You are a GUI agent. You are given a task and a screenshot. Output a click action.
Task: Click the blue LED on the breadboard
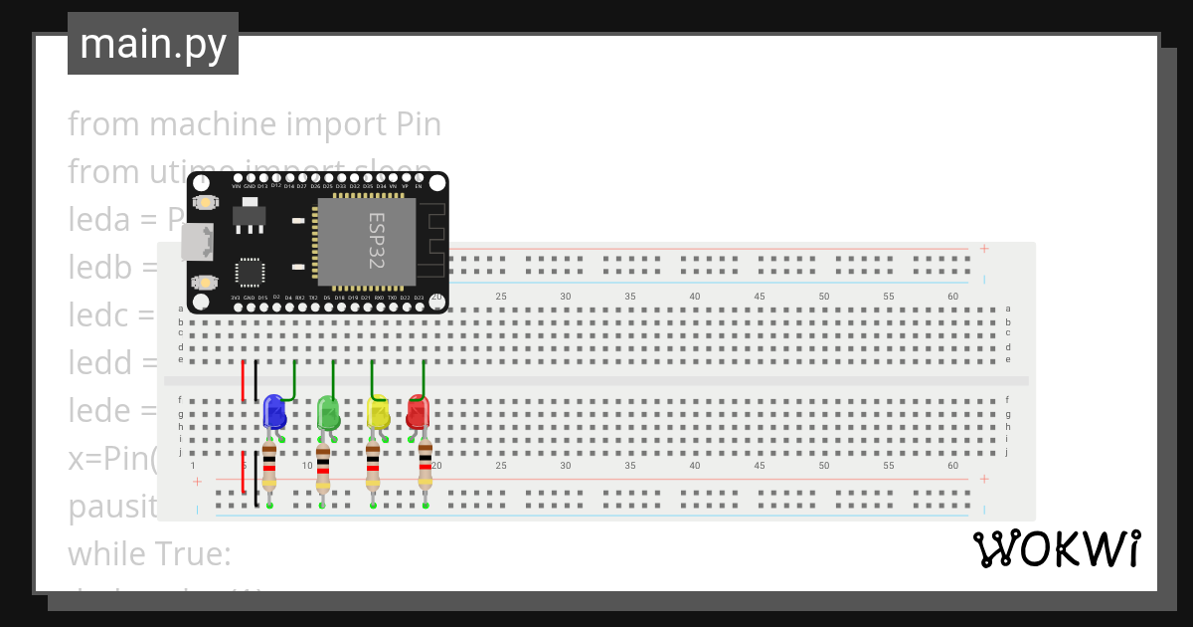(274, 412)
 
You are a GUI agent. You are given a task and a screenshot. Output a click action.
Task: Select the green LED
(327, 412)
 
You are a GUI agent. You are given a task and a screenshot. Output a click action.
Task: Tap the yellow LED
(378, 412)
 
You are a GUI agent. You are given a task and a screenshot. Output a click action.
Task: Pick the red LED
(418, 412)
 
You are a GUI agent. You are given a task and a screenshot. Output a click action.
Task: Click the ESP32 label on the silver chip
(377, 240)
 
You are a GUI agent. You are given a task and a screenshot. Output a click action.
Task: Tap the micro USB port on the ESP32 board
(196, 241)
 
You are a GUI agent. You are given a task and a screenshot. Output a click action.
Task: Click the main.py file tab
(153, 44)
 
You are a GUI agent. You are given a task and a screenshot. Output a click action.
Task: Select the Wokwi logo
(1056, 549)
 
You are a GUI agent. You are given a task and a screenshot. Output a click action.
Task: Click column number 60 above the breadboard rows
(952, 297)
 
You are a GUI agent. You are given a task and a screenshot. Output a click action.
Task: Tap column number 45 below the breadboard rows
(760, 465)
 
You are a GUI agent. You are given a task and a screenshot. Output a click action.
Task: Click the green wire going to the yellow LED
(372, 378)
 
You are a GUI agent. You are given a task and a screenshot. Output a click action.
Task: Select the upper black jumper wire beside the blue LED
(256, 381)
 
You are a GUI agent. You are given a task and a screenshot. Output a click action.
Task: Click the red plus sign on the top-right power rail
(983, 249)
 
